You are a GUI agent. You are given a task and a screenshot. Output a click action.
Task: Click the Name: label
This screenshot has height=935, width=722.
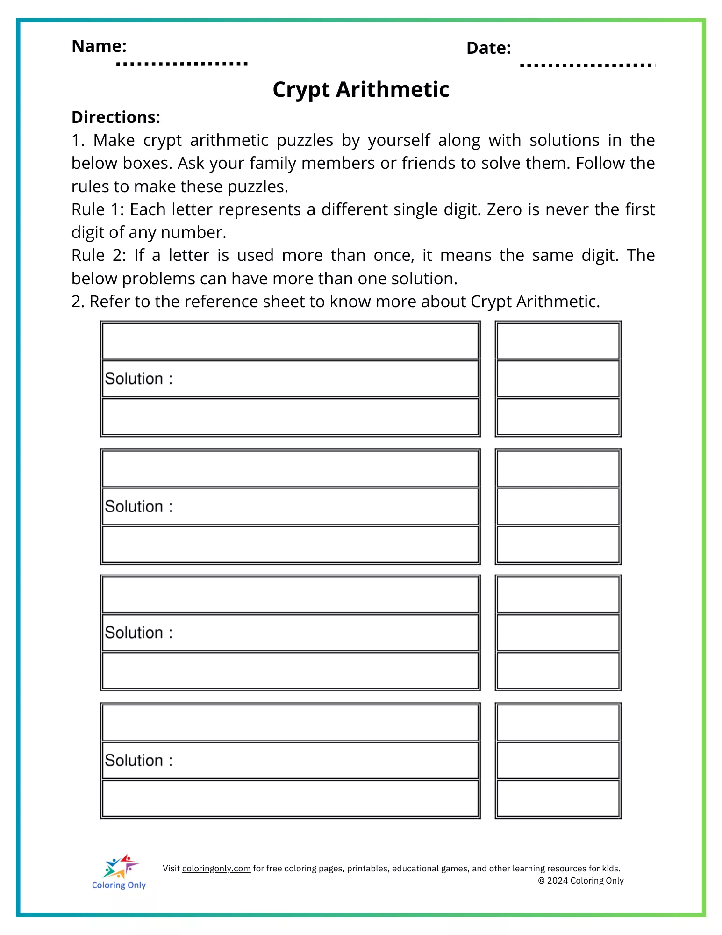[99, 46]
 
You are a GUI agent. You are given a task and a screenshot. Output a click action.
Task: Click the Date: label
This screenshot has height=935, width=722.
[488, 48]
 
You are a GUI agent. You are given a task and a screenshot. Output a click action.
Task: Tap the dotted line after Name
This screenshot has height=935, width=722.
[184, 64]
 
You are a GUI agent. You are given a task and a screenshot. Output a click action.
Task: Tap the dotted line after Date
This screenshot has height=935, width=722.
[587, 65]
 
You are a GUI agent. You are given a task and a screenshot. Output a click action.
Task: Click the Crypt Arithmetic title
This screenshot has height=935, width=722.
[361, 89]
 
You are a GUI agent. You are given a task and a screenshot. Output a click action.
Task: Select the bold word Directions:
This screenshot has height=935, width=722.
[116, 117]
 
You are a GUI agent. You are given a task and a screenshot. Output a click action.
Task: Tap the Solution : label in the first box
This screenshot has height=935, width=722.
[138, 379]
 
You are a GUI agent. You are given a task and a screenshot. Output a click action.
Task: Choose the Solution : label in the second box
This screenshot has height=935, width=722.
[138, 506]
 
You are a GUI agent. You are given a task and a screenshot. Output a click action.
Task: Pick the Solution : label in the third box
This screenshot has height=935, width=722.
[138, 633]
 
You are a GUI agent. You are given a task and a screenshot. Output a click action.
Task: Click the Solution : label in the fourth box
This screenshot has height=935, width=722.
[138, 761]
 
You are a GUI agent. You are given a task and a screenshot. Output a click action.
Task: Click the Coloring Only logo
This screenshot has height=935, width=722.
[119, 872]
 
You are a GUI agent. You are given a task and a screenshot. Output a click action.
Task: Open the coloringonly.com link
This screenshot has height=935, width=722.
[216, 869]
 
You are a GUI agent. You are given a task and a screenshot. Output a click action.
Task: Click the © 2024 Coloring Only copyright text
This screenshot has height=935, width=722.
[580, 881]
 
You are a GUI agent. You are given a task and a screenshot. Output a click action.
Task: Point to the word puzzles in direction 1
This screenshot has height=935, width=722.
[305, 140]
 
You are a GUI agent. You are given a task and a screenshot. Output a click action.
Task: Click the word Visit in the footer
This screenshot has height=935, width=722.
[171, 869]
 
